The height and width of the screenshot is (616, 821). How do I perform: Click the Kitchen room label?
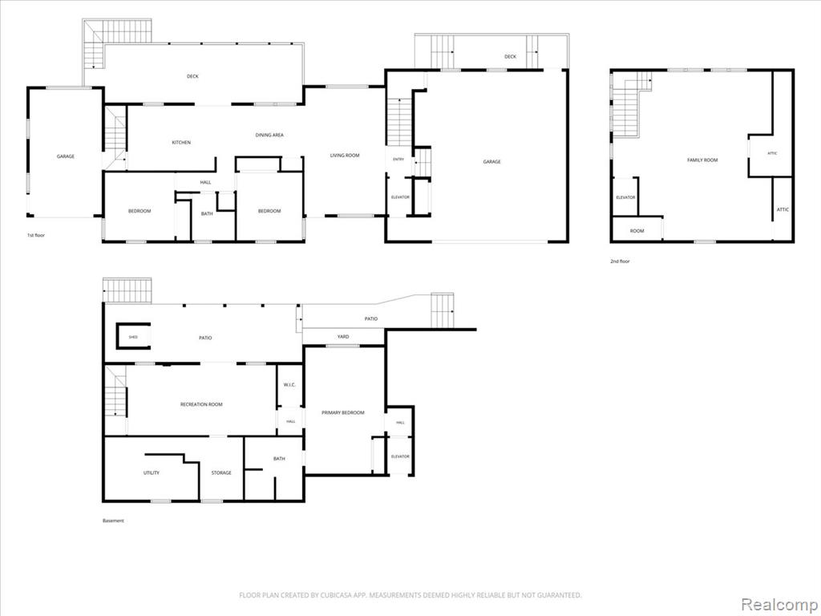coord(182,143)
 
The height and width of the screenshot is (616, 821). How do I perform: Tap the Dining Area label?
coord(269,135)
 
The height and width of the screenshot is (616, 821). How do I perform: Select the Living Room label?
coord(345,155)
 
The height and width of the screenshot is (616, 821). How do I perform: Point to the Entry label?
coord(398,160)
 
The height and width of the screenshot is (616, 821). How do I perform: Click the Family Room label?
coord(702,160)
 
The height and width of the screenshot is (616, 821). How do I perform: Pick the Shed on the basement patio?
coord(133,337)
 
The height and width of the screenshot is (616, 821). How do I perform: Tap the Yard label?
coord(343,336)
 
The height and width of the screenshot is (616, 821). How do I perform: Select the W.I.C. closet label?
coord(289,384)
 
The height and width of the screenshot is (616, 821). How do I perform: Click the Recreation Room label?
coord(201,404)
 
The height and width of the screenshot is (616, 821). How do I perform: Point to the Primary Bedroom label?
coord(342,413)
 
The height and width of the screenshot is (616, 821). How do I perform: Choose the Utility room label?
coord(152,472)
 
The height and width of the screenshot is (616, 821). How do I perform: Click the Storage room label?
coord(221,472)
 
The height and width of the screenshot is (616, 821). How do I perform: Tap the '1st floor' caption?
coord(36,235)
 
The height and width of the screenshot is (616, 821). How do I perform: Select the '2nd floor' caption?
coord(620,261)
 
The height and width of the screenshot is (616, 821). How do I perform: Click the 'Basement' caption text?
coord(113,521)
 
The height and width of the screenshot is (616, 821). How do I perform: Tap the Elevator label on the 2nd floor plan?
coord(625,197)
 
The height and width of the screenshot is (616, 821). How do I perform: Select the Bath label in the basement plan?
coord(279,458)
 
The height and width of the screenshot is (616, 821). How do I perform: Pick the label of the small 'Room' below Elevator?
coord(637,230)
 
